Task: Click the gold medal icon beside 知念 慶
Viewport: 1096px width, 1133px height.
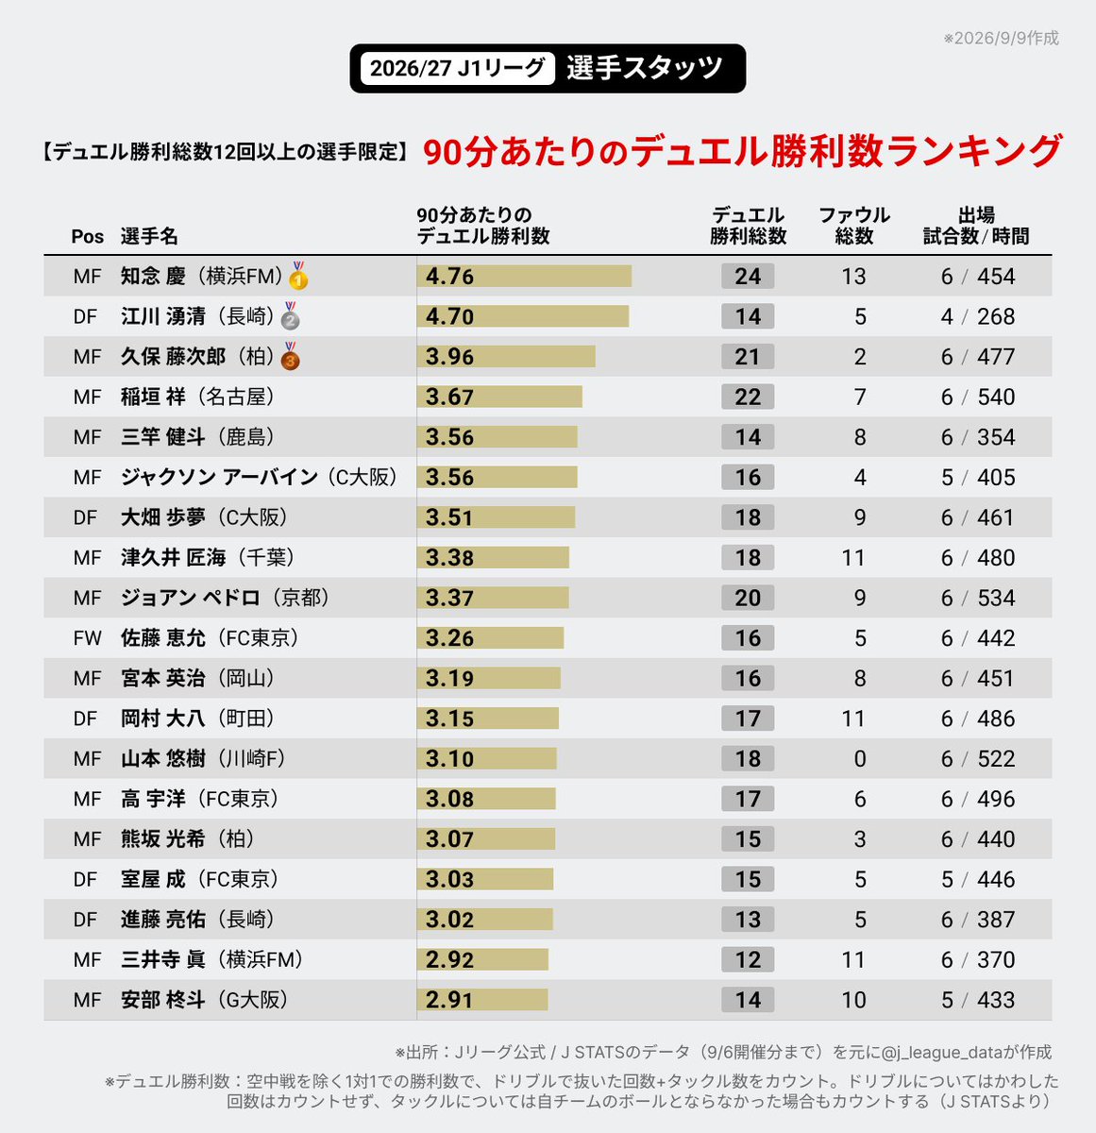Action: pyautogui.click(x=298, y=276)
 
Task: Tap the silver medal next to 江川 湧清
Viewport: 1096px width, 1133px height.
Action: pyautogui.click(x=291, y=315)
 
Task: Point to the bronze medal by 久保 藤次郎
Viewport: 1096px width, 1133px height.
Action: pyautogui.click(x=291, y=356)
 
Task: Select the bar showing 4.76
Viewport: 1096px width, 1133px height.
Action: pyautogui.click(x=524, y=276)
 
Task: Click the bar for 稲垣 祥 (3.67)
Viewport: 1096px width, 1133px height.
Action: pyautogui.click(x=499, y=397)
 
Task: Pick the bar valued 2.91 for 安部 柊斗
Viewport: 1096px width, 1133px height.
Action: pyautogui.click(x=482, y=1000)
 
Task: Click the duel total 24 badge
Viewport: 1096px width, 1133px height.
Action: pyautogui.click(x=748, y=276)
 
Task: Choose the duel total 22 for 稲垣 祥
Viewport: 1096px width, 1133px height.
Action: pyautogui.click(x=748, y=397)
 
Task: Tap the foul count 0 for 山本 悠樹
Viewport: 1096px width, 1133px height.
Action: pyautogui.click(x=860, y=758)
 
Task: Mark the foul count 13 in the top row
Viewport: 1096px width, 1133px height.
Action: pyautogui.click(x=853, y=276)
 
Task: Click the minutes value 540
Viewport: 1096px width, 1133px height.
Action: pyautogui.click(x=996, y=397)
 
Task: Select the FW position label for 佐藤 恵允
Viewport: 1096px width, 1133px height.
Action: pyautogui.click(x=87, y=638)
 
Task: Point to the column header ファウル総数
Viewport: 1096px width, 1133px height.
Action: pyautogui.click(x=854, y=226)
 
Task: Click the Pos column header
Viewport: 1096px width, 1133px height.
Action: pyautogui.click(x=87, y=236)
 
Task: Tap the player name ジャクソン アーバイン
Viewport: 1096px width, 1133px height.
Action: pyautogui.click(x=219, y=477)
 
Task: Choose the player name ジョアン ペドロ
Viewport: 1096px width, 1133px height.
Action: pyautogui.click(x=190, y=598)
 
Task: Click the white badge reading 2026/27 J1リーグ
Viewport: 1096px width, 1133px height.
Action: pyautogui.click(x=458, y=68)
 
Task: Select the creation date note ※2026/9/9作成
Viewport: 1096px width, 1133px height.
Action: pyautogui.click(x=1001, y=38)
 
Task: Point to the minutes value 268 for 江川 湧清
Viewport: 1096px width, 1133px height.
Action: pyautogui.click(x=996, y=316)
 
